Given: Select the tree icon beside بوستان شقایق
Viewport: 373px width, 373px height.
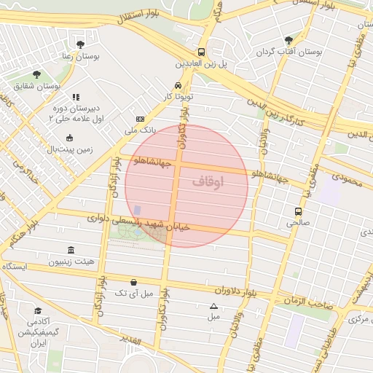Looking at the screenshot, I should click(x=36, y=74).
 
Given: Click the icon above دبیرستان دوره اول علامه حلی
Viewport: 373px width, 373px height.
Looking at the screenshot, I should click(x=74, y=97).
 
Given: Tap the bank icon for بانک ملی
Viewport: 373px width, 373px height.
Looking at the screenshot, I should click(x=140, y=119).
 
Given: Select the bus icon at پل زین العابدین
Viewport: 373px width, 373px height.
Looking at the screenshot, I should click(x=201, y=52).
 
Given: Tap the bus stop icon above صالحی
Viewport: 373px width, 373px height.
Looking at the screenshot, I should click(x=297, y=211).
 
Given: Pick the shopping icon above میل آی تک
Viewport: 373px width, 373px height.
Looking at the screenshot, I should click(x=133, y=282).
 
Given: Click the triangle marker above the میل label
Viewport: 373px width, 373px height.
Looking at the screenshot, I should click(x=213, y=306).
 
